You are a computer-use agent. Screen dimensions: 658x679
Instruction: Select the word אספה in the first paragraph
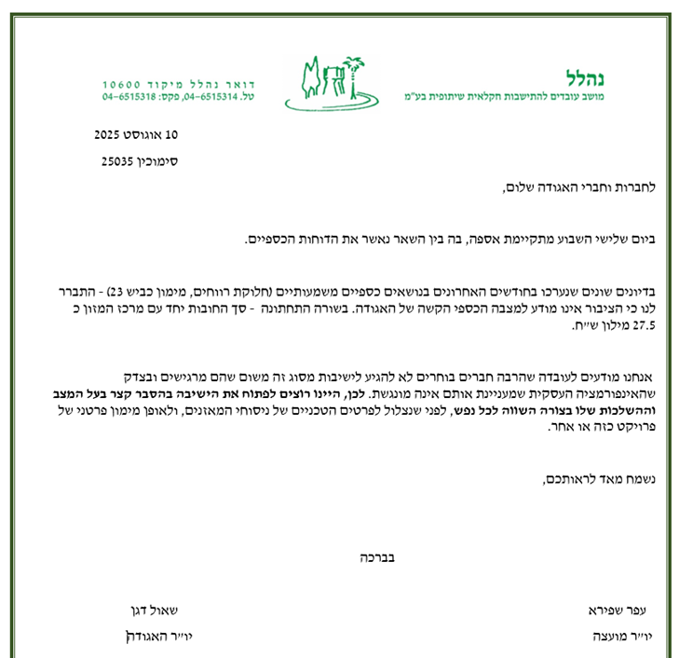point(485,240)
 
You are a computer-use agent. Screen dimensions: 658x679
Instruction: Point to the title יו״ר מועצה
point(620,636)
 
